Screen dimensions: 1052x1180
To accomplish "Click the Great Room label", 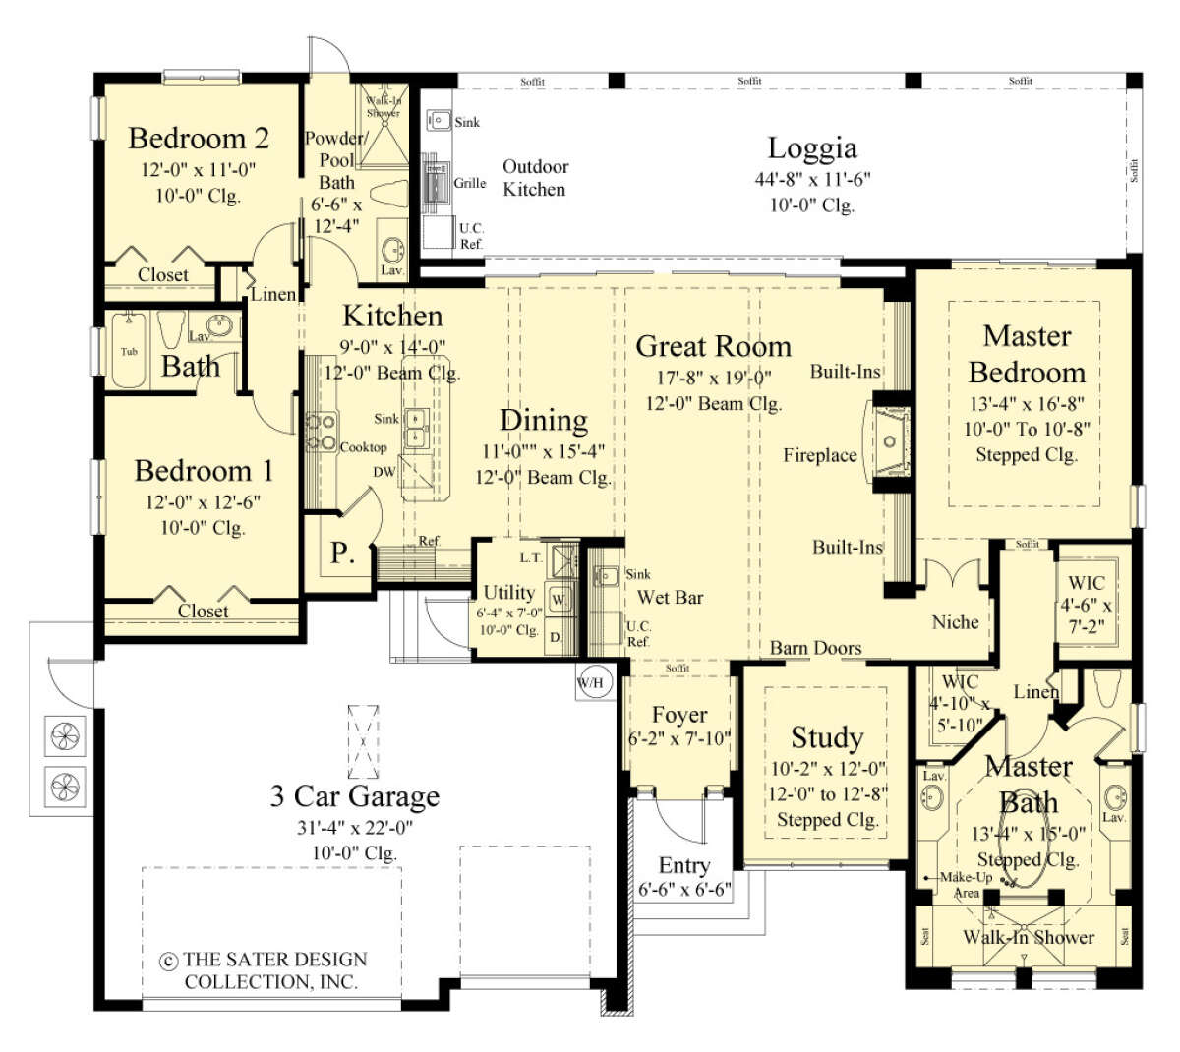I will (x=713, y=346).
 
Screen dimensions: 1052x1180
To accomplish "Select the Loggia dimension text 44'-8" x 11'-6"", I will (x=812, y=179).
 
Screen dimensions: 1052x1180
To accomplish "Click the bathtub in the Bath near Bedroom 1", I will (x=129, y=351).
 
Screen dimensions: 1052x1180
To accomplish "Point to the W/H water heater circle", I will (x=592, y=682).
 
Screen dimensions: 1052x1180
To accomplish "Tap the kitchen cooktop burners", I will (x=322, y=433).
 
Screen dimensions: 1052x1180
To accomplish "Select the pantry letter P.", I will (x=341, y=554).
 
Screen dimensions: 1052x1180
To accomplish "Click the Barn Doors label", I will (x=815, y=648).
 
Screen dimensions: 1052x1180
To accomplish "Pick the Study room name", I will (x=827, y=737).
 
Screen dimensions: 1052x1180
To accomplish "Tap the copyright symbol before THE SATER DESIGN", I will (x=168, y=961).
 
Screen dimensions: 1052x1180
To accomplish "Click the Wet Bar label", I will (x=670, y=597).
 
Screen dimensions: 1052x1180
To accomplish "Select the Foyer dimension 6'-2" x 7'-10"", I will (x=678, y=738).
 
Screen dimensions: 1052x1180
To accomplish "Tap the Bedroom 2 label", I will (x=198, y=139).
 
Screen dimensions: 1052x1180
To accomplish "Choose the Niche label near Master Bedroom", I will (x=955, y=622).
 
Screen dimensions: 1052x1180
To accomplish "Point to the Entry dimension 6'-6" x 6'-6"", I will (x=683, y=890).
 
